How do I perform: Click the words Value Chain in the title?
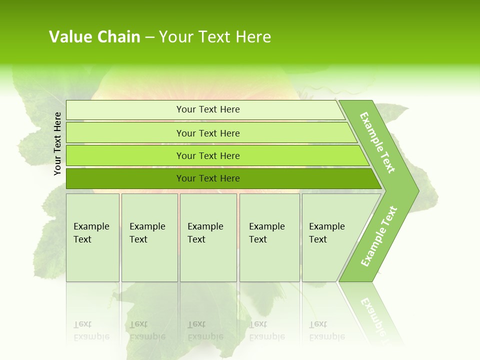coord(94,37)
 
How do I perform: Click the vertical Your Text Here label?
coord(57,143)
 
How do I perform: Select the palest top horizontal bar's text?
coord(208,109)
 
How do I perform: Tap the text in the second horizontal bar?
coord(208,133)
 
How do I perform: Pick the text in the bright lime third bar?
coord(208,156)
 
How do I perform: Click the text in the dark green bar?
coord(208,178)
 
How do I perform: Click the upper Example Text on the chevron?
coord(377,142)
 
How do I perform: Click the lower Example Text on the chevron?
coord(379,236)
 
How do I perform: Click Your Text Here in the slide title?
coord(215,37)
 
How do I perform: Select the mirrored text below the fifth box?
coord(327,330)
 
